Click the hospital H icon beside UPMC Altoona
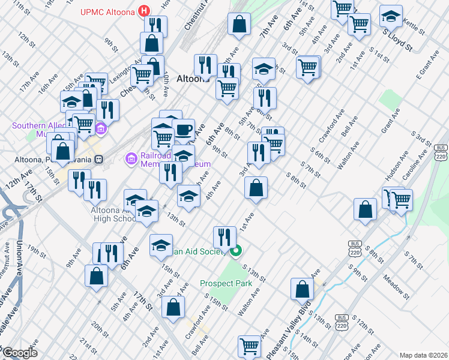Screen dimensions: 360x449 [x=144, y=11]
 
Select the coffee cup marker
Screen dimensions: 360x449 [x=184, y=130]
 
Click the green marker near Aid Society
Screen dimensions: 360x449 [x=237, y=251]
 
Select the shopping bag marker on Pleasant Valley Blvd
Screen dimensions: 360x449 [x=302, y=289]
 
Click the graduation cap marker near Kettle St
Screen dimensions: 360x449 [x=391, y=17]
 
